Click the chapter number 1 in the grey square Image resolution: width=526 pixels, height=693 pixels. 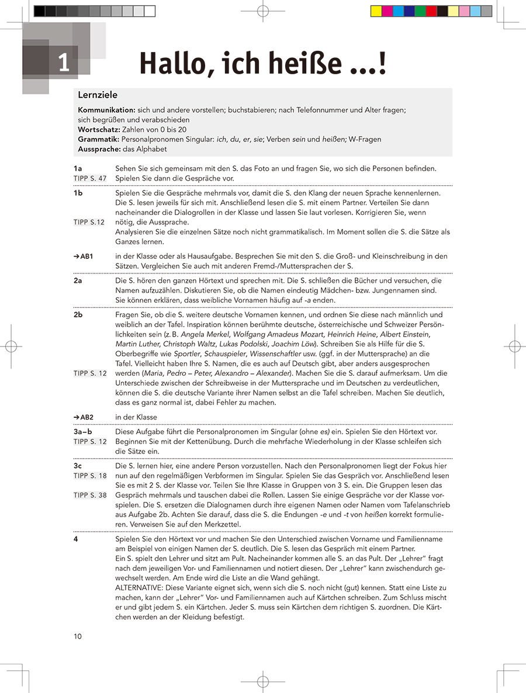click(x=63, y=63)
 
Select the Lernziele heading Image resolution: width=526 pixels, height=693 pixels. click(x=98, y=95)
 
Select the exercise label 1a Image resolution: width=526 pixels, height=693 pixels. click(x=78, y=168)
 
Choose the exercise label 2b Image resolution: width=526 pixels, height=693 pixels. click(x=78, y=314)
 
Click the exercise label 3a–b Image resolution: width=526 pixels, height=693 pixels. click(x=82, y=432)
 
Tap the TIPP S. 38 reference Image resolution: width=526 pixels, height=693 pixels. click(x=90, y=495)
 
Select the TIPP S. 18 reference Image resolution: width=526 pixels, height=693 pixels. click(x=90, y=476)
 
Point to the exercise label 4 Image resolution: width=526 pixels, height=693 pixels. click(x=76, y=539)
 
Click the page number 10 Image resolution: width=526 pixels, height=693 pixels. click(x=78, y=636)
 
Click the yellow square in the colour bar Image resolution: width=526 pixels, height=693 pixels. click(x=376, y=11)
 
